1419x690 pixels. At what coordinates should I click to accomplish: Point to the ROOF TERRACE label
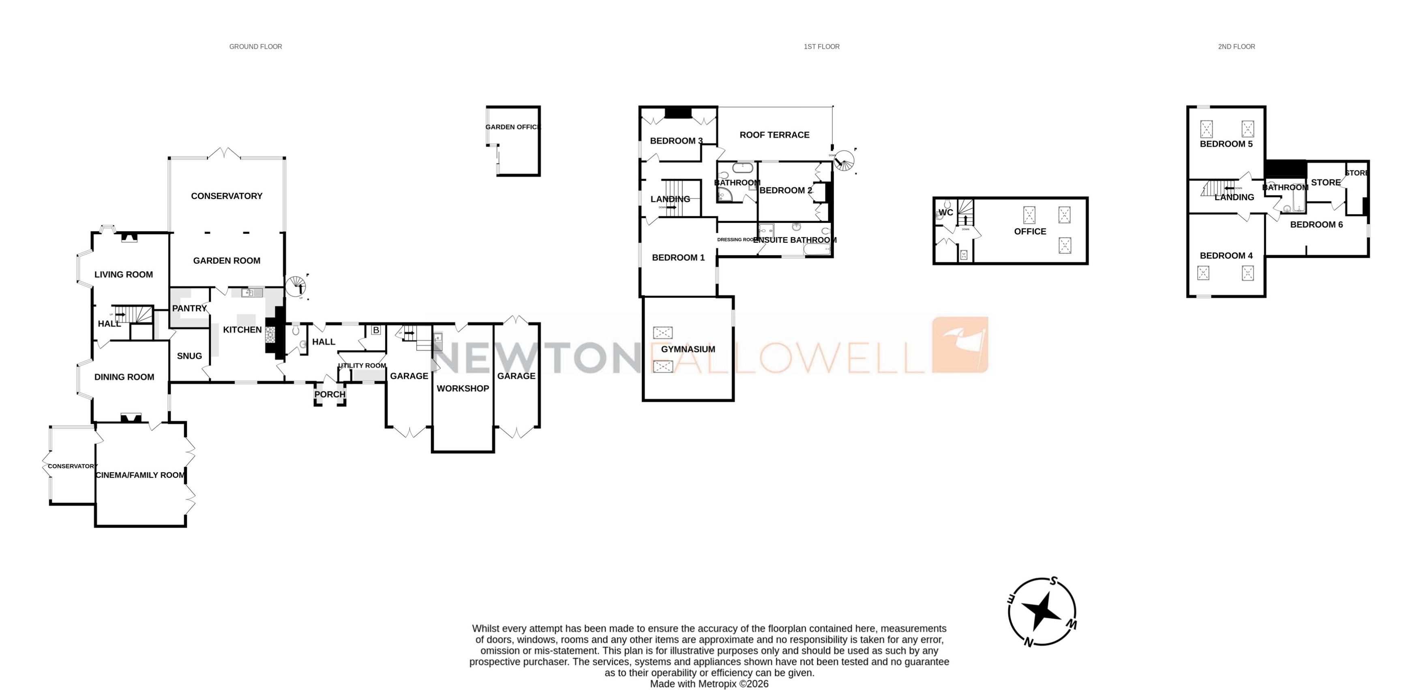pos(774,135)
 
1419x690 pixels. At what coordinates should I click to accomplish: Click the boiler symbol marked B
pos(376,330)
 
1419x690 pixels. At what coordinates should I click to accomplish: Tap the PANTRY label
pos(189,308)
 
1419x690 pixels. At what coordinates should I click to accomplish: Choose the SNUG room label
pos(189,356)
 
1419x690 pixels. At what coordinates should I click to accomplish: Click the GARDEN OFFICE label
pos(513,127)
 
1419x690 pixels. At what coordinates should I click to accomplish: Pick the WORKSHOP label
pos(463,388)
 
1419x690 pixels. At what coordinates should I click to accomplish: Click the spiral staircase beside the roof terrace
pos(843,161)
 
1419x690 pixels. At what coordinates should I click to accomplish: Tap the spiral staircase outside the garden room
pos(296,286)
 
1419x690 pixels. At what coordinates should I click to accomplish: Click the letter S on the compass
pos(1054,581)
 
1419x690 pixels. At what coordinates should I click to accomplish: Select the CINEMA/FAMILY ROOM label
pos(140,475)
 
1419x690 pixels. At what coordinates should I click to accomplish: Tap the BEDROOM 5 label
pos(1226,144)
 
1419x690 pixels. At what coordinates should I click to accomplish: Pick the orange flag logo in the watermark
pos(960,345)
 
